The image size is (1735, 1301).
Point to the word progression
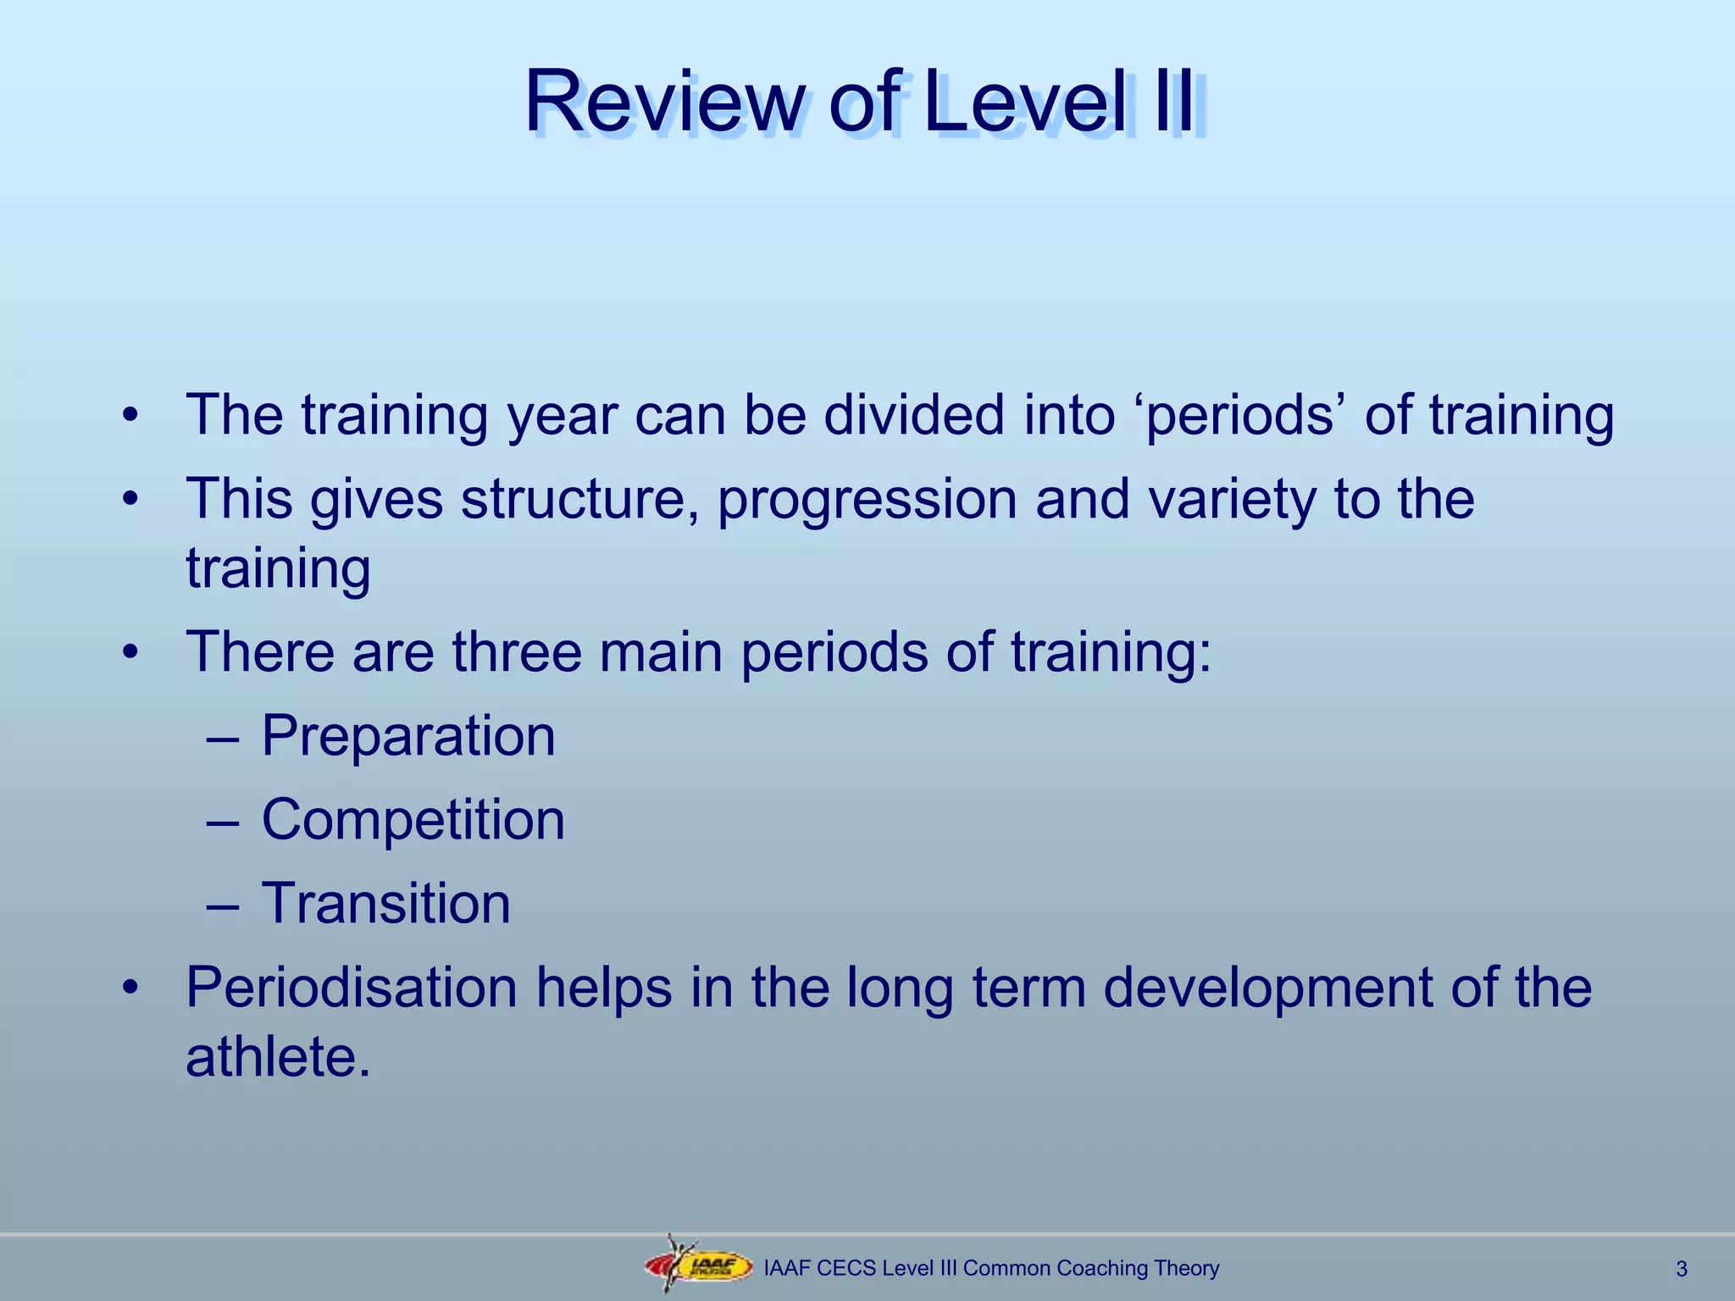point(866,499)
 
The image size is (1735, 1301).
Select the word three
point(517,651)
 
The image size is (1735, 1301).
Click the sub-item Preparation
point(408,735)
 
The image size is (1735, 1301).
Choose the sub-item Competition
point(413,820)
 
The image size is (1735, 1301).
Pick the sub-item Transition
point(386,903)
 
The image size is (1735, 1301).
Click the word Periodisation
point(352,988)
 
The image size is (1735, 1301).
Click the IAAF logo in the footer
point(699,1267)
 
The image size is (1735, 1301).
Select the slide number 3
point(1682,1269)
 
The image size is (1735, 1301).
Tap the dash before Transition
point(223,905)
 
